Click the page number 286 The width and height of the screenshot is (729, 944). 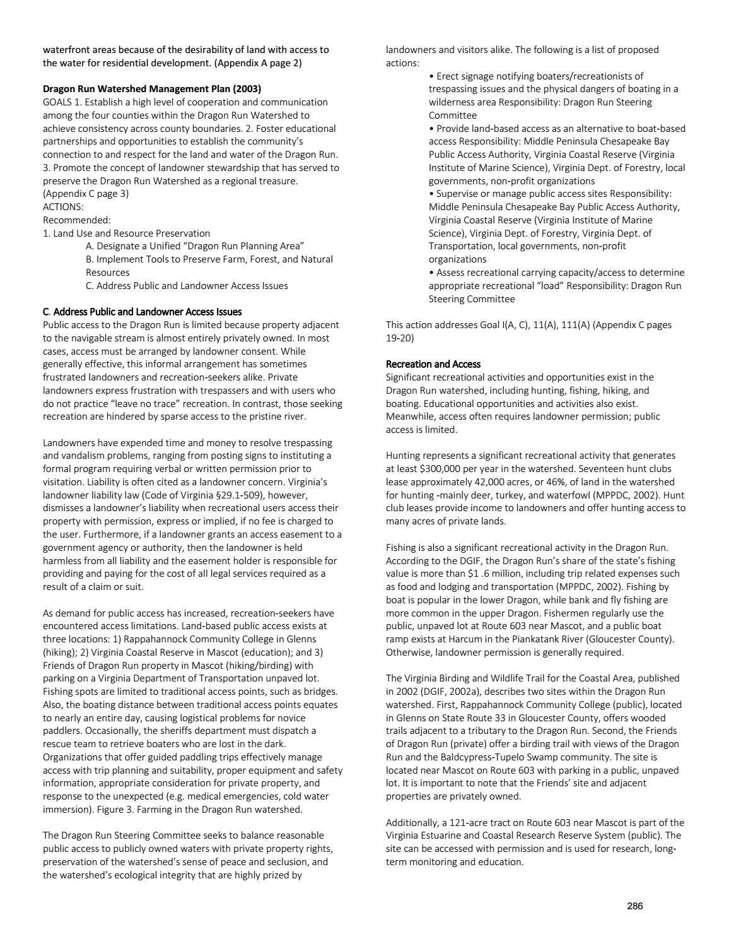[x=634, y=906]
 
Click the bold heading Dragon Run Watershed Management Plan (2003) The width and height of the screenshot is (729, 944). [x=151, y=89]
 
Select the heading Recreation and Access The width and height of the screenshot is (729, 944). [x=433, y=364]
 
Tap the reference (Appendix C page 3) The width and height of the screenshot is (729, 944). [x=86, y=194]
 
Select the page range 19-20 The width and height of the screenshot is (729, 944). [x=400, y=338]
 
